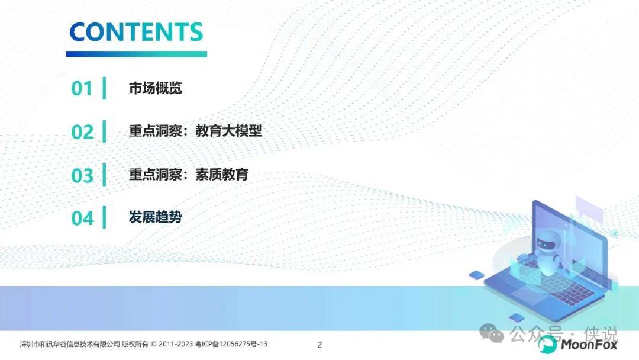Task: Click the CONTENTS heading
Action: point(136,32)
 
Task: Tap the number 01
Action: point(82,88)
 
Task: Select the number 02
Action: point(82,132)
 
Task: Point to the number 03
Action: point(82,175)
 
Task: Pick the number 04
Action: point(83,218)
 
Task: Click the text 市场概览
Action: point(155,88)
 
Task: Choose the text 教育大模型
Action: point(228,131)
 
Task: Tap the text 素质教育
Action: point(222,175)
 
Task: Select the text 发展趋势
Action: point(155,217)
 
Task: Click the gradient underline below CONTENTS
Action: point(137,54)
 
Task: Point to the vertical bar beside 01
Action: point(104,88)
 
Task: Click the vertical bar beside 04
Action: point(104,217)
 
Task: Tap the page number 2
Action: point(319,345)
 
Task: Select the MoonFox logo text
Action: point(589,345)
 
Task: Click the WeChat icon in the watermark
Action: point(492,333)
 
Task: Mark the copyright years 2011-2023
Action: point(176,344)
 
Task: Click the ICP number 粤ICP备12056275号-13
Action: point(231,344)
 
